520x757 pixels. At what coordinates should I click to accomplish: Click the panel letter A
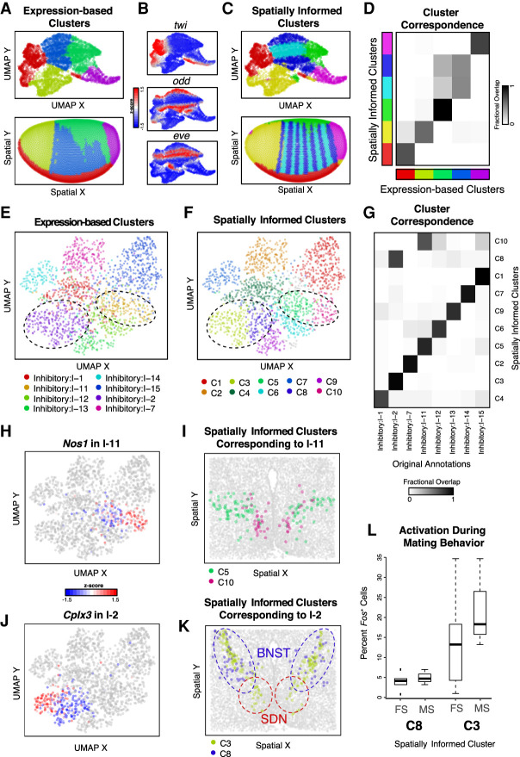coord(8,9)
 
